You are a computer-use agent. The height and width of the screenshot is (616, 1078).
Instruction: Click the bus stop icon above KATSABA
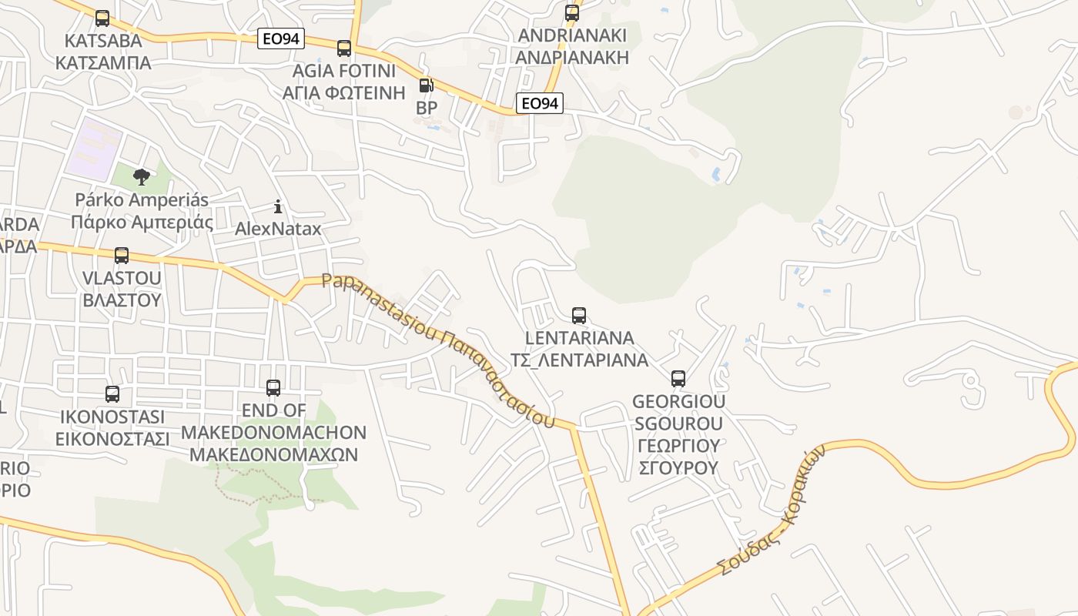[102, 18]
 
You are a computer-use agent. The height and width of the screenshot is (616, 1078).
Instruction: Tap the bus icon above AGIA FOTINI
[344, 49]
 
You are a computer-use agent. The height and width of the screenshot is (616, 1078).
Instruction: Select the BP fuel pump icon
[426, 85]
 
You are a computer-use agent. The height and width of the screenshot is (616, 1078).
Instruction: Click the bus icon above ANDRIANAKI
[571, 13]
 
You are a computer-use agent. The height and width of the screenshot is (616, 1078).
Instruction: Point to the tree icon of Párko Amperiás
[141, 178]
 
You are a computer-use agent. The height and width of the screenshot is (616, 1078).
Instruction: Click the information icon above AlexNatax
[278, 206]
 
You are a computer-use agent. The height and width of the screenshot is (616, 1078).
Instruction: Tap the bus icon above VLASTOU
[122, 256]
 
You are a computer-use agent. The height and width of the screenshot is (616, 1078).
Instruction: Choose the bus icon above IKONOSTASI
[112, 394]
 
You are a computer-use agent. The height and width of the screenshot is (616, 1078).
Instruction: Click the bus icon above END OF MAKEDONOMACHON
[273, 388]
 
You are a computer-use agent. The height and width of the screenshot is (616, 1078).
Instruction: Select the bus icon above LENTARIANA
[579, 316]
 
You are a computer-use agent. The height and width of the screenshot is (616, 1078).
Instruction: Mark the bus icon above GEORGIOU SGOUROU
[678, 379]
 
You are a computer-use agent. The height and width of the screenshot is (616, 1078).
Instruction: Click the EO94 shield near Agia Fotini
[281, 38]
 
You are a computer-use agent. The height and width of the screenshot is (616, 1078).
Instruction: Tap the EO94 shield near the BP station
[540, 103]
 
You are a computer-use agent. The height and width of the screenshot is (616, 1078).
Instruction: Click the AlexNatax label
[278, 229]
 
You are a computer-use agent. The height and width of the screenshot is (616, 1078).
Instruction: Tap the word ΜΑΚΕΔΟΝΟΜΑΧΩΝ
[273, 454]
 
